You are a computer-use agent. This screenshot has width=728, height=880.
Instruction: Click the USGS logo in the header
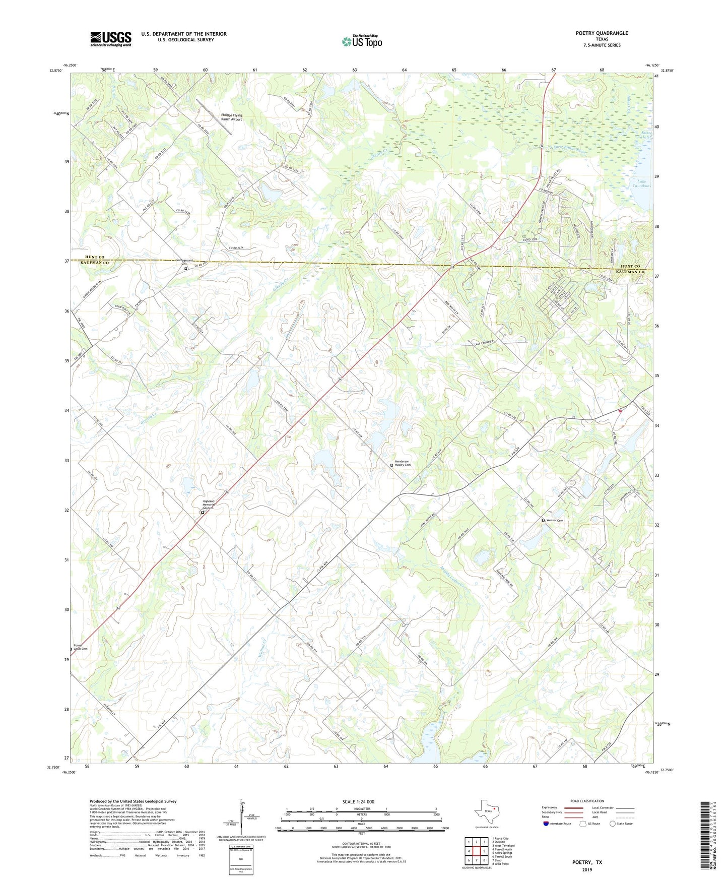pyautogui.click(x=111, y=39)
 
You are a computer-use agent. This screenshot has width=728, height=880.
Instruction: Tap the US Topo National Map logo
pyautogui.click(x=362, y=41)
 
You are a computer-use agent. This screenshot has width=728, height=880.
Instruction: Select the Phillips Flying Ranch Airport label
pyautogui.click(x=232, y=117)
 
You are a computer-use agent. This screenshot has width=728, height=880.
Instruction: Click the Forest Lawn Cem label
pyautogui.click(x=81, y=647)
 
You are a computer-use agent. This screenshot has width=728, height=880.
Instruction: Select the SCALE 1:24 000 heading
pyautogui.click(x=358, y=801)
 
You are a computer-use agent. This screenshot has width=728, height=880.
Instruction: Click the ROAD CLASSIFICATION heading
pyautogui.click(x=587, y=801)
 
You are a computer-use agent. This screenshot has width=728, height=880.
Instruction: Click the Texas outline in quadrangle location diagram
pyautogui.click(x=487, y=812)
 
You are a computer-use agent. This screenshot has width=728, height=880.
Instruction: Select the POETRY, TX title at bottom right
pyautogui.click(x=587, y=862)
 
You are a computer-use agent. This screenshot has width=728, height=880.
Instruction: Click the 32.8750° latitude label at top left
pyautogui.click(x=52, y=71)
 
